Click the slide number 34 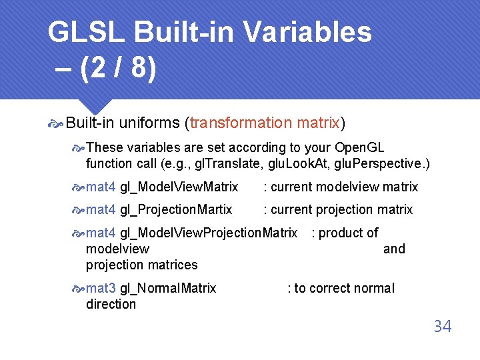pyautogui.click(x=442, y=326)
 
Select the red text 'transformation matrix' pyautogui.click(x=265, y=123)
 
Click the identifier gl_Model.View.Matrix pyautogui.click(x=179, y=187)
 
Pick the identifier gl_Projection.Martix pyautogui.click(x=176, y=209)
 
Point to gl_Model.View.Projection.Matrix pyautogui.click(x=208, y=233)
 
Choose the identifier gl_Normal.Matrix pyautogui.click(x=168, y=288)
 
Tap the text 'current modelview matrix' pyautogui.click(x=344, y=187)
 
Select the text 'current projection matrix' pyautogui.click(x=341, y=209)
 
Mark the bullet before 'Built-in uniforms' pyautogui.click(x=56, y=123)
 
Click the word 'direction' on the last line pyautogui.click(x=111, y=304)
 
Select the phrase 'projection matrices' pyautogui.click(x=141, y=265)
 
